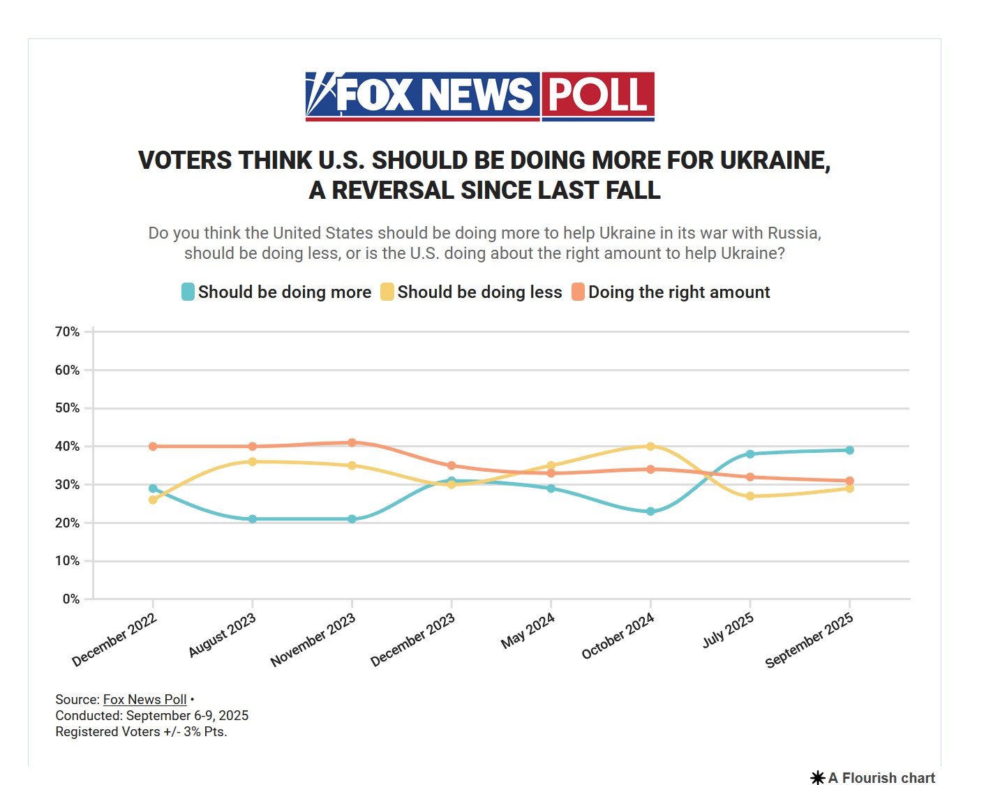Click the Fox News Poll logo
(479, 96)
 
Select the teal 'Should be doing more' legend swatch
(188, 292)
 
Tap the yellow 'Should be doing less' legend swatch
(387, 292)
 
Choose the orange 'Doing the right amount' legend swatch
(578, 292)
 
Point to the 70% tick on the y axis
(68, 332)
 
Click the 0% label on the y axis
(71, 599)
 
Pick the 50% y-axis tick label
(68, 408)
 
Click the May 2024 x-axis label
(528, 631)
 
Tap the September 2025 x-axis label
(809, 640)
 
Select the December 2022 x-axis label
(114, 640)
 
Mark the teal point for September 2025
(849, 450)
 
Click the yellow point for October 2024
(650, 447)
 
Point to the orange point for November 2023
(352, 442)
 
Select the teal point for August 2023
(253, 519)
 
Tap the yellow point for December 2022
(153, 500)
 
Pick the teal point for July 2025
(750, 454)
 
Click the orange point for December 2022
(153, 447)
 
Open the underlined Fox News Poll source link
(145, 700)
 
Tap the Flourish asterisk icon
(818, 778)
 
